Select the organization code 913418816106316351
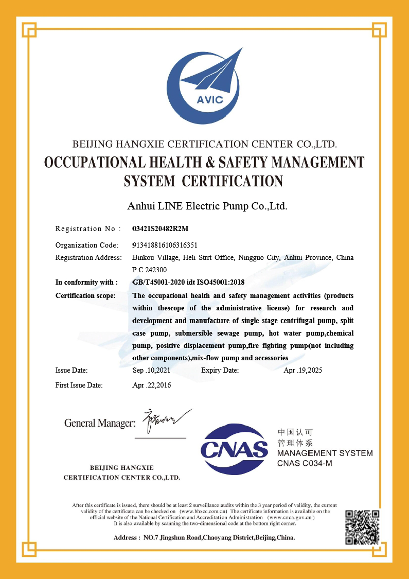click(x=165, y=245)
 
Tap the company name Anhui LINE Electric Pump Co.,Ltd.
click(x=207, y=206)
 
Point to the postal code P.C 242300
click(x=150, y=270)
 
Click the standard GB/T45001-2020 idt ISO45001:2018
click(x=188, y=282)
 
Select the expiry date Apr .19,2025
click(x=303, y=370)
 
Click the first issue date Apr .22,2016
click(x=152, y=385)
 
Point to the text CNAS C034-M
click(x=305, y=463)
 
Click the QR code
click(x=362, y=527)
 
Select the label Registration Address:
click(x=88, y=257)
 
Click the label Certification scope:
click(x=85, y=295)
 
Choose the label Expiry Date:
click(x=220, y=370)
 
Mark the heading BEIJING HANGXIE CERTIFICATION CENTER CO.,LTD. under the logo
click(x=205, y=144)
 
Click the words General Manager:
click(x=100, y=423)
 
